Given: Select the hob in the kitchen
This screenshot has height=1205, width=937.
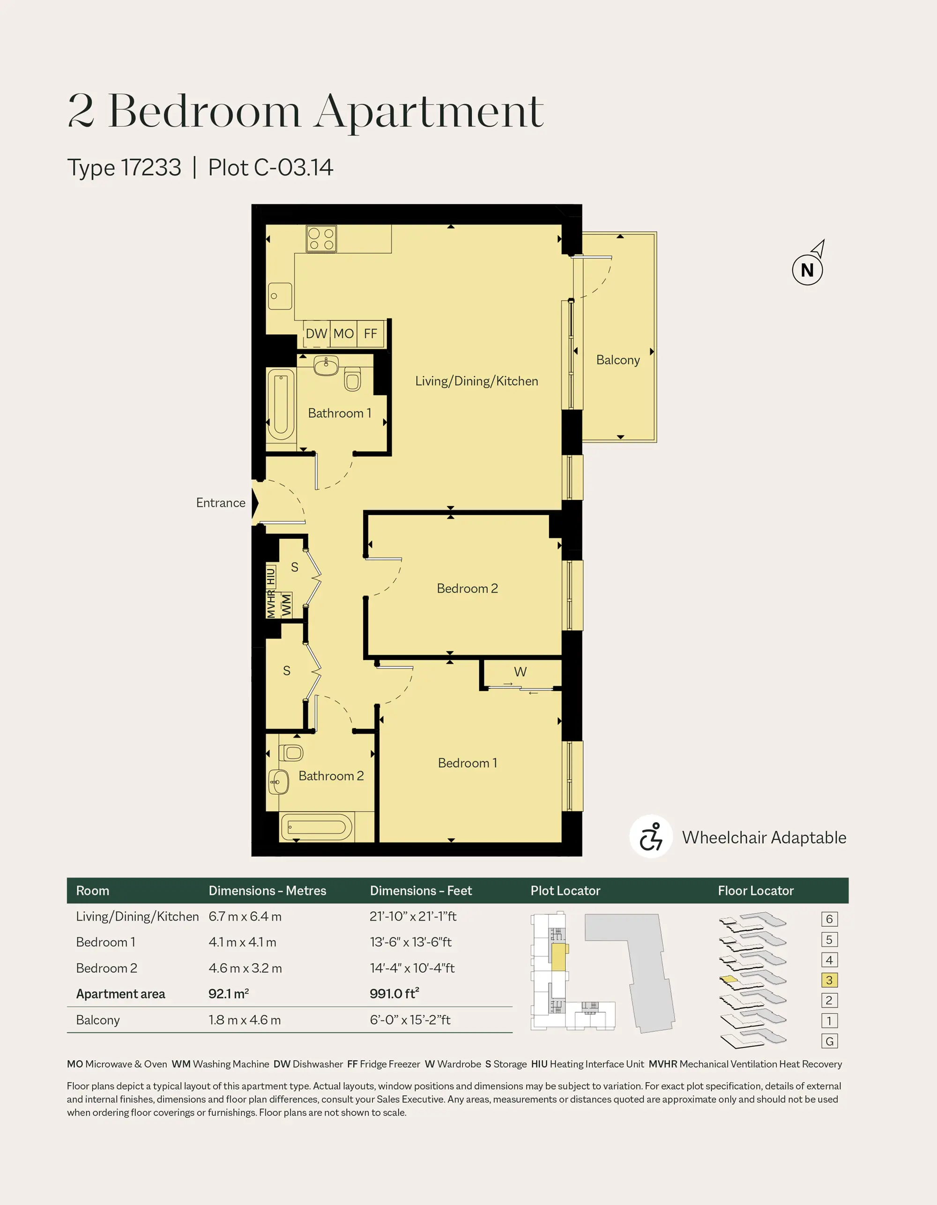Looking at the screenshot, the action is click(x=322, y=238).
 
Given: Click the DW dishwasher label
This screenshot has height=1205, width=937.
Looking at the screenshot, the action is click(x=316, y=333).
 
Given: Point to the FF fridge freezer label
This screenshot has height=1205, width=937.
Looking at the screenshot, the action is click(x=370, y=333).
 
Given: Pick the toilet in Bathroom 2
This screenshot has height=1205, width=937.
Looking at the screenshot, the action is click(x=291, y=752).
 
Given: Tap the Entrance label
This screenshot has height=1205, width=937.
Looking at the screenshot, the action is click(x=221, y=503).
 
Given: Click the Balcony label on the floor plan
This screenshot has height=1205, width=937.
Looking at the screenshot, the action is click(x=618, y=360).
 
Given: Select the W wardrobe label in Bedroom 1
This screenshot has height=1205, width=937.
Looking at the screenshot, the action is click(x=521, y=671).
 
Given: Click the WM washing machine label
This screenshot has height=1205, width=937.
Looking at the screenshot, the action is click(x=286, y=605).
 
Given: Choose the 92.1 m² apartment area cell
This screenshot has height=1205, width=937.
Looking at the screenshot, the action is click(x=229, y=994).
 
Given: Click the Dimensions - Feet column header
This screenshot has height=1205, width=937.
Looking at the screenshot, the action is click(x=421, y=891).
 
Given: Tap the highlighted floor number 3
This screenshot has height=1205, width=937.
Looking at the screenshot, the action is click(x=829, y=980).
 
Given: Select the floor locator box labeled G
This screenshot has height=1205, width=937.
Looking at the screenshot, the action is click(x=829, y=1041).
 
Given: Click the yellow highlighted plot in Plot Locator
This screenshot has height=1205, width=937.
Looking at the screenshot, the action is click(x=559, y=957).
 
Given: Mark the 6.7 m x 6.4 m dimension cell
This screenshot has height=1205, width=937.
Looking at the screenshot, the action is click(x=245, y=916).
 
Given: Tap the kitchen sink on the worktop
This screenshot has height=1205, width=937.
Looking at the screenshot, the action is click(x=280, y=296).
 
